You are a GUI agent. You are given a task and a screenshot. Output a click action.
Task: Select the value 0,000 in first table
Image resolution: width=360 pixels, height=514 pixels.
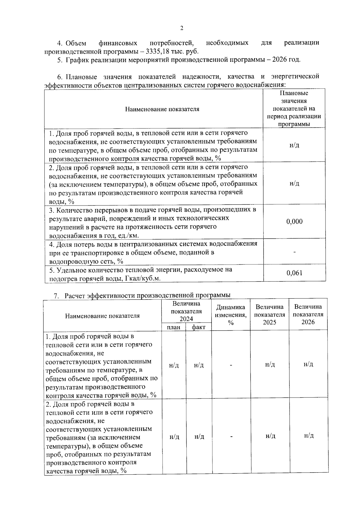(x=294, y=221)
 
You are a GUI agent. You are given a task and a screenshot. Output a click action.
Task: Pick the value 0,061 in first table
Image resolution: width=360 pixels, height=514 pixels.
(x=294, y=273)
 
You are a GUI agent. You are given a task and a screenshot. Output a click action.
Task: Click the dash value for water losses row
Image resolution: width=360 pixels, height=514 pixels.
(x=294, y=252)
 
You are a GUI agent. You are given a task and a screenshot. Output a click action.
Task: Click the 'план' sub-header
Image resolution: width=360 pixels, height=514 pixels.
(x=174, y=327)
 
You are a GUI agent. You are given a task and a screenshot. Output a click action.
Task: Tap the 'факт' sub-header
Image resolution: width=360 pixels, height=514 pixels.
(x=199, y=327)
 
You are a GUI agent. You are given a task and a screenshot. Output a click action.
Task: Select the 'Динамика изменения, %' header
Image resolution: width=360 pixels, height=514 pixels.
(x=231, y=315)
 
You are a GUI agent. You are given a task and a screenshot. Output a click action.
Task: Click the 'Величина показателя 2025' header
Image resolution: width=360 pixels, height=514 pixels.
(x=269, y=314)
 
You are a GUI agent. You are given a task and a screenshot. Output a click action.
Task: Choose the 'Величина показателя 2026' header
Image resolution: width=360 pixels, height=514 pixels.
(x=308, y=314)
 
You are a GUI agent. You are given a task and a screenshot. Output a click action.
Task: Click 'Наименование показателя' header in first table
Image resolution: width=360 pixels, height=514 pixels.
(x=162, y=109)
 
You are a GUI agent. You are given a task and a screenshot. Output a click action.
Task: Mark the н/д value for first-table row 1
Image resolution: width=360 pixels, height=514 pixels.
(x=294, y=145)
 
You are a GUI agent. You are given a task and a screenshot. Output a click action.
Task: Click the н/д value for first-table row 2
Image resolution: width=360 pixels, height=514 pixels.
(x=294, y=183)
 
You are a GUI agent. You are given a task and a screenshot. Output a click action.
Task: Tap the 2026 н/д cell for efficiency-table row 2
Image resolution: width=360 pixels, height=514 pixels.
(x=308, y=435)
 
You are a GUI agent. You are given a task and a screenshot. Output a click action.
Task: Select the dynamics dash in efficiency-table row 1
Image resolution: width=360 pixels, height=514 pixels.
(x=231, y=365)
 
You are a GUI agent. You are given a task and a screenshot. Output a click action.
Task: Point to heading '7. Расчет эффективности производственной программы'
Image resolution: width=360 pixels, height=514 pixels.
(x=142, y=295)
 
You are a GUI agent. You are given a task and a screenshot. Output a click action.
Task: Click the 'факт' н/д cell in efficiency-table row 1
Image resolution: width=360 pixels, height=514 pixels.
(x=199, y=365)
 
